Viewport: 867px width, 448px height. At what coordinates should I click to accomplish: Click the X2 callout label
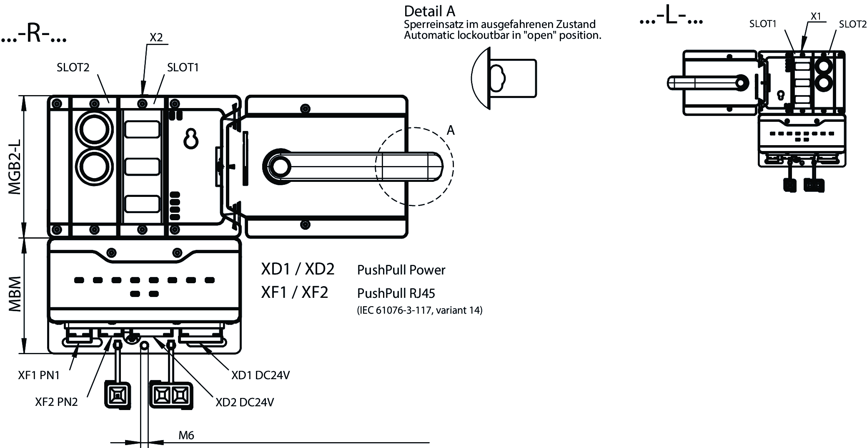pyautogui.click(x=156, y=38)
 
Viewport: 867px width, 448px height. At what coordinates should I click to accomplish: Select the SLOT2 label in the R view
pyautogui.click(x=73, y=68)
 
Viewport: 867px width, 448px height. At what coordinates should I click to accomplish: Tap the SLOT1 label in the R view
pyautogui.click(x=183, y=68)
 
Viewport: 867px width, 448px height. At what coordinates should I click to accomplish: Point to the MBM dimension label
pyautogui.click(x=15, y=294)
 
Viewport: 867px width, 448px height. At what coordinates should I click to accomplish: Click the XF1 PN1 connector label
pyautogui.click(x=39, y=375)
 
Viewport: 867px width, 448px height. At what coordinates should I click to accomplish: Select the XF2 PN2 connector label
pyautogui.click(x=56, y=402)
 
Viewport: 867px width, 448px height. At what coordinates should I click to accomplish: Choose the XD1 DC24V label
pyautogui.click(x=261, y=375)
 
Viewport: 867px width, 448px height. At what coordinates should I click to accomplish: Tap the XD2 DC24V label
pyautogui.click(x=245, y=402)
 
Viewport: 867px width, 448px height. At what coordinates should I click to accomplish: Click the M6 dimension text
pyautogui.click(x=186, y=435)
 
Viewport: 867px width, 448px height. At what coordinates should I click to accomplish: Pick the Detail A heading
pyautogui.click(x=430, y=11)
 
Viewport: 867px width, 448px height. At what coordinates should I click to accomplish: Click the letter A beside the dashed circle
pyautogui.click(x=451, y=131)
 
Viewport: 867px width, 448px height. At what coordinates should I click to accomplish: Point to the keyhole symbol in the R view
pyautogui.click(x=191, y=139)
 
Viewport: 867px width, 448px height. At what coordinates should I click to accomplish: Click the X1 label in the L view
pyautogui.click(x=816, y=16)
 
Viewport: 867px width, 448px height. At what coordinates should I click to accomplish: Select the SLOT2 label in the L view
pyautogui.click(x=852, y=24)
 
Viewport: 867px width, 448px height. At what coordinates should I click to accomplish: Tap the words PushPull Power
pyautogui.click(x=401, y=270)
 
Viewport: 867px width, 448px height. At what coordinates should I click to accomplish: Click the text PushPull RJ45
pyautogui.click(x=396, y=294)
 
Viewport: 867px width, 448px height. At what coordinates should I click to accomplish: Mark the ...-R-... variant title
pyautogui.click(x=34, y=35)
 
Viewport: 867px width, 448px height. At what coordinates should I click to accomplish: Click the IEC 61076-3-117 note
pyautogui.click(x=420, y=310)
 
